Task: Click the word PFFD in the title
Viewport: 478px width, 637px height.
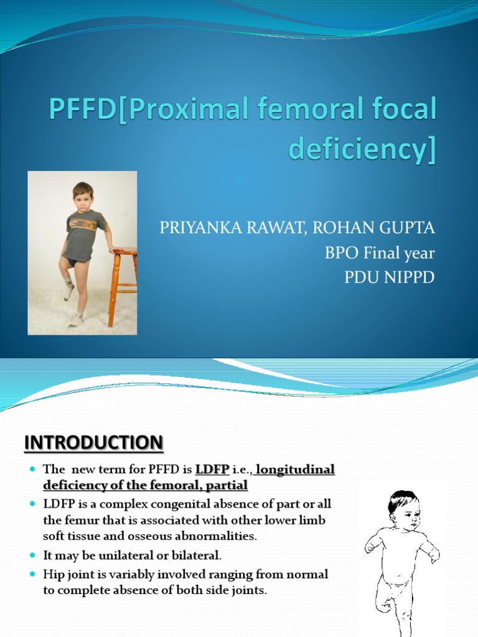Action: [x=79, y=111]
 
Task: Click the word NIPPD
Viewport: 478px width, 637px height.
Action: [x=408, y=277]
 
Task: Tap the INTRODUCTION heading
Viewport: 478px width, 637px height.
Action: [x=94, y=444]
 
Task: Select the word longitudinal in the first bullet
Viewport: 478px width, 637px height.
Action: [x=296, y=470]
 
